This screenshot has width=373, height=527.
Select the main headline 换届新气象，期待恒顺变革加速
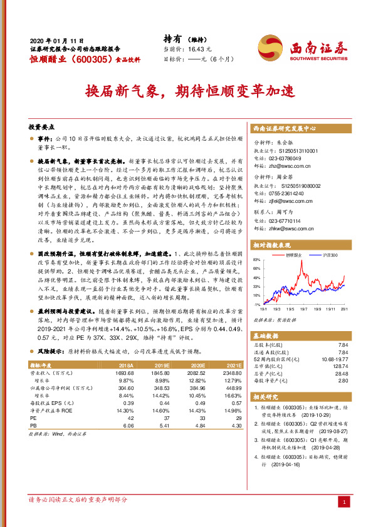[x=186, y=91]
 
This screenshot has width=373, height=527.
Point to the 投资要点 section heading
[x=43, y=125]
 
